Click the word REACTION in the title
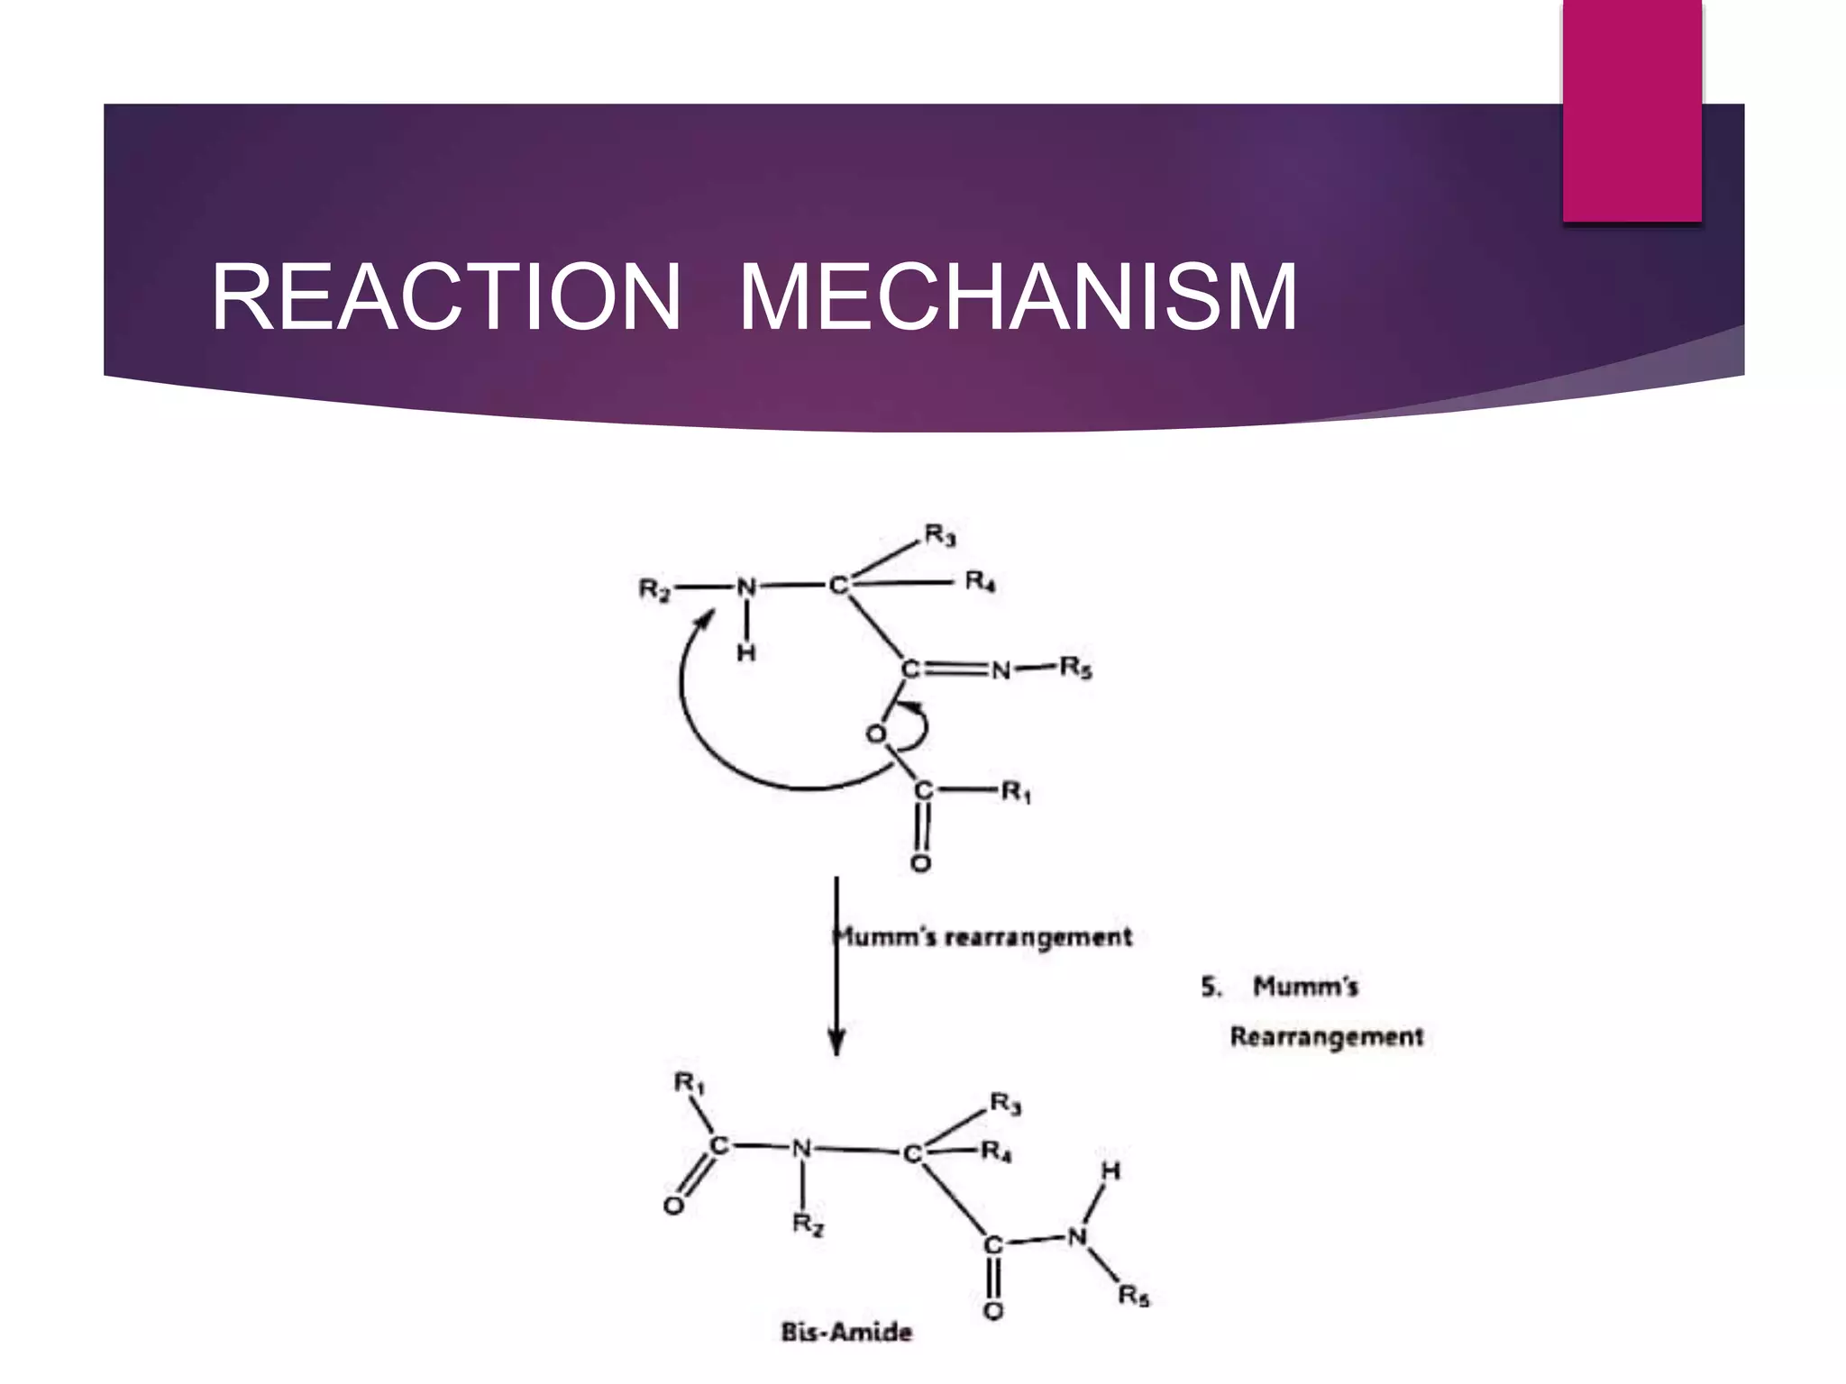(446, 296)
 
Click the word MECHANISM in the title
(1019, 296)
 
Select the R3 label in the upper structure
(940, 535)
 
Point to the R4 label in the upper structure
(980, 582)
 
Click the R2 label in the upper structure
(654, 590)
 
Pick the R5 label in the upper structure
(1075, 668)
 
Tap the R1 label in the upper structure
(1016, 792)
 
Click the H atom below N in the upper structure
(746, 652)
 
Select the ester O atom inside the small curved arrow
(875, 734)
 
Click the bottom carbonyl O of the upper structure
(920, 864)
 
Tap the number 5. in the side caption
(1211, 987)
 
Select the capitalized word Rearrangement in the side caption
(1326, 1037)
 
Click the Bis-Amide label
(846, 1332)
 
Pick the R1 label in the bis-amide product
(690, 1083)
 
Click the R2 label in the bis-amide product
(808, 1224)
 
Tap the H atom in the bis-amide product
(1111, 1171)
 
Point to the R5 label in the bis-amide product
(1134, 1296)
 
